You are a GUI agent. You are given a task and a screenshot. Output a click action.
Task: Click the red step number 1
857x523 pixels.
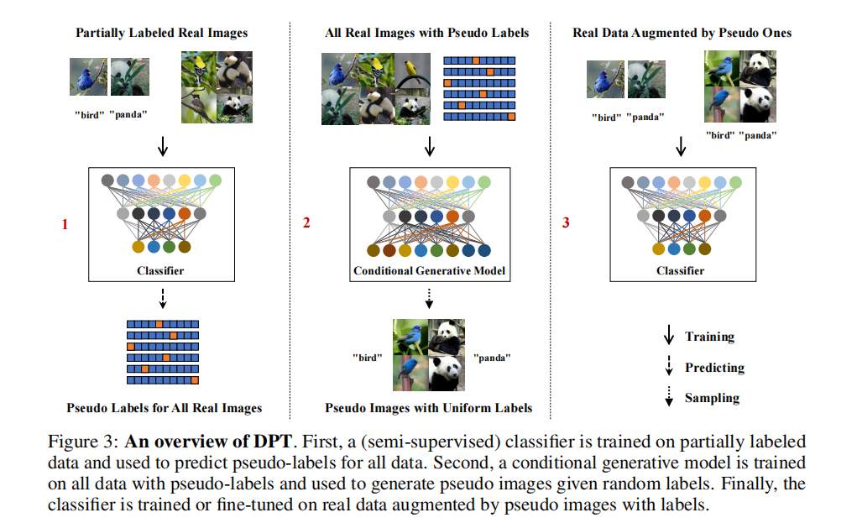pyautogui.click(x=65, y=225)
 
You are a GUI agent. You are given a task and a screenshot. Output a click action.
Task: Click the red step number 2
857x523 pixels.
pyautogui.click(x=306, y=224)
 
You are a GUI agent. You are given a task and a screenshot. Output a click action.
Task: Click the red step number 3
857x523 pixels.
pyautogui.click(x=566, y=224)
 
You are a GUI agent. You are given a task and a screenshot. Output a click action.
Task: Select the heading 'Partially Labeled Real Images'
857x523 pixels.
pyautogui.click(x=161, y=33)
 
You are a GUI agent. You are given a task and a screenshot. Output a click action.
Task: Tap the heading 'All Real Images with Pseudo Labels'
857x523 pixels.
pyautogui.click(x=427, y=33)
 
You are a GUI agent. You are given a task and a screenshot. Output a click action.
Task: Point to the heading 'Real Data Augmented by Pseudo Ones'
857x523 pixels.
pyautogui.click(x=682, y=33)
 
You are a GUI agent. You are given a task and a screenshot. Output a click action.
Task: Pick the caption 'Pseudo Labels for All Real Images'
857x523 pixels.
pyautogui.click(x=165, y=408)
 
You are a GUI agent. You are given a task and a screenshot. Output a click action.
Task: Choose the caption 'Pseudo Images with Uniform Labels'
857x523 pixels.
pyautogui.click(x=429, y=408)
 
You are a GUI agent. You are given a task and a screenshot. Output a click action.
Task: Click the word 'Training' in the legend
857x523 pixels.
pyautogui.click(x=709, y=337)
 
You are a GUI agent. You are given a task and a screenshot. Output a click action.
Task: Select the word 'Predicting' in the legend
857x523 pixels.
pyautogui.click(x=714, y=368)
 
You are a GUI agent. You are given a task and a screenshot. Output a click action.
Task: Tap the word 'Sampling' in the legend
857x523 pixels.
pyautogui.click(x=712, y=398)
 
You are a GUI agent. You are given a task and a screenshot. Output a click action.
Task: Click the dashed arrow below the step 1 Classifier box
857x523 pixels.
pyautogui.click(x=163, y=298)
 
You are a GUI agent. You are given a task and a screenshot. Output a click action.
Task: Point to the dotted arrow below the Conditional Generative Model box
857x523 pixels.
pyautogui.click(x=429, y=298)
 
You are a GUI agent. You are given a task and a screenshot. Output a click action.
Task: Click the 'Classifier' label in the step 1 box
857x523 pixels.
pyautogui.click(x=161, y=271)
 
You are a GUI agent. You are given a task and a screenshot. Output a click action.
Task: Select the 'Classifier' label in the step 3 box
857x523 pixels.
pyautogui.click(x=680, y=271)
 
